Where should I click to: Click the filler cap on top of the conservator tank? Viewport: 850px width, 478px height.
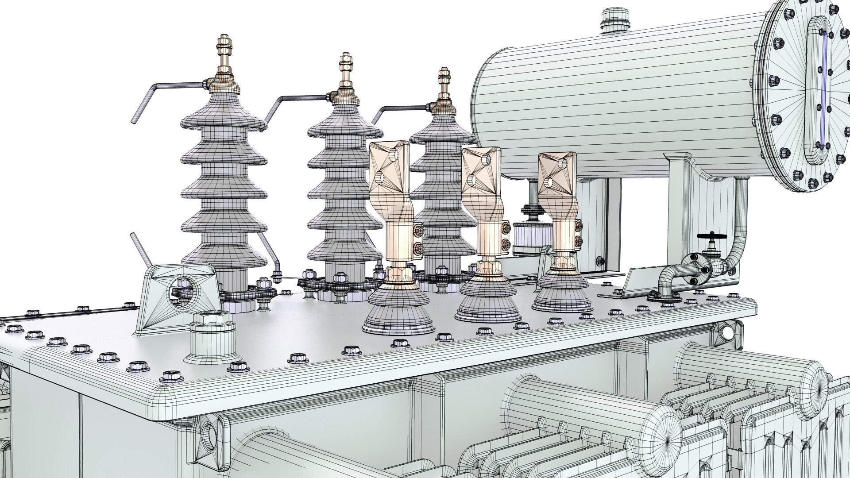(615, 20)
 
